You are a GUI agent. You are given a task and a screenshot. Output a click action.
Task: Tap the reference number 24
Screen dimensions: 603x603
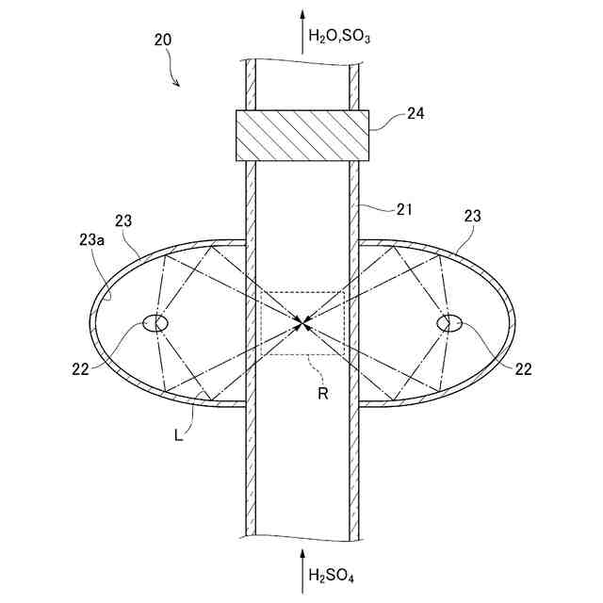416,113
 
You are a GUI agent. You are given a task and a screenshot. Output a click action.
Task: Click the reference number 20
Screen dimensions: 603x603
162,40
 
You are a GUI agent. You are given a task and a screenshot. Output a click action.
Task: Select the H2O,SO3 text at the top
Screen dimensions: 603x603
340,39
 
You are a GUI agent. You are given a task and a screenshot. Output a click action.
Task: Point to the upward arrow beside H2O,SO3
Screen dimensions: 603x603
302,28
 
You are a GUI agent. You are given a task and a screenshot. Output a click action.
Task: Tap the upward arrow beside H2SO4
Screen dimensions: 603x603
302,563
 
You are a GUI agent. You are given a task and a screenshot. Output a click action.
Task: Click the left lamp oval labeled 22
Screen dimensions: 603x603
155,323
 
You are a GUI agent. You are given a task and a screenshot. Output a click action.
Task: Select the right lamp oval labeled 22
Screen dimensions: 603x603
448,323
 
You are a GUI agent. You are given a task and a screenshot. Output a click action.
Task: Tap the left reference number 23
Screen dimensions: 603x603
123,220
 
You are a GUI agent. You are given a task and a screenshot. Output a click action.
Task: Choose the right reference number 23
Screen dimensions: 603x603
472,216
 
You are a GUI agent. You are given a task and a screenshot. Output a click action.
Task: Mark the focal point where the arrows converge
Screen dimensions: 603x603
301,323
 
